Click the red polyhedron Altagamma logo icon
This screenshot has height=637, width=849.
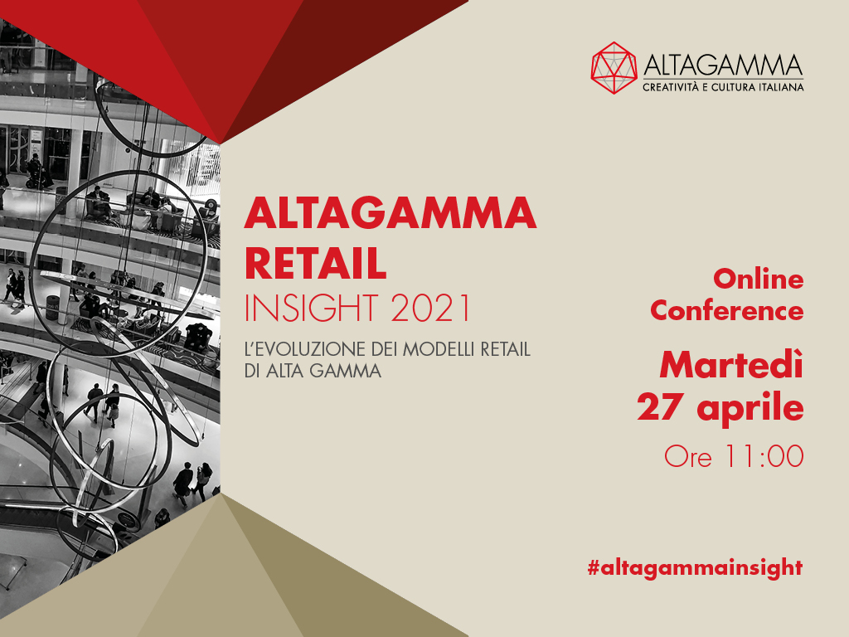point(614,68)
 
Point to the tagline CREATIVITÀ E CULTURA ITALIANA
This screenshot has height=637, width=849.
point(723,87)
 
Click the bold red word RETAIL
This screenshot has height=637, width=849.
point(315,263)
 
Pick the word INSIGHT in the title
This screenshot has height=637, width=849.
point(312,309)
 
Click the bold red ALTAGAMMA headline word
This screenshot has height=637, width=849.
point(390,213)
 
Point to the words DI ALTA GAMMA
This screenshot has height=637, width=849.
point(313,371)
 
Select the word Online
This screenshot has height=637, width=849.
point(758,280)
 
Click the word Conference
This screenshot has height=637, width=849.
point(726,311)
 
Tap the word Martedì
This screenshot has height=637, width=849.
point(731,365)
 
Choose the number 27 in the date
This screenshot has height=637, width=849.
point(657,407)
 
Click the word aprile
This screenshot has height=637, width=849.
point(750,409)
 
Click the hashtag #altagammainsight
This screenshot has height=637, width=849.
point(696,568)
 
